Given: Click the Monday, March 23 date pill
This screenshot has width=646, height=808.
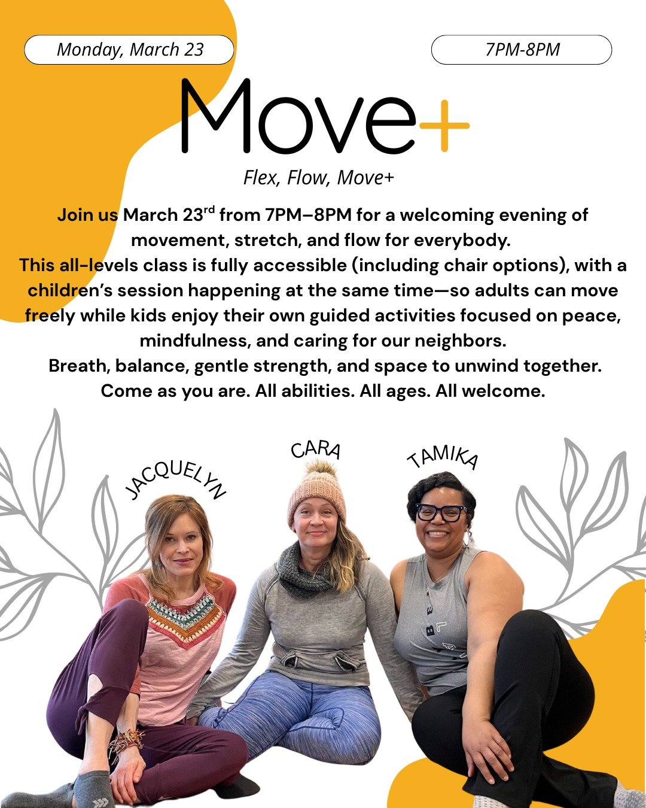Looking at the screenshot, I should [129, 50].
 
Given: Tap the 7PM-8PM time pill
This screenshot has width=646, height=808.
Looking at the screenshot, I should [522, 50].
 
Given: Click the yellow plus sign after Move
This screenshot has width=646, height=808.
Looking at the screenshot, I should [444, 126].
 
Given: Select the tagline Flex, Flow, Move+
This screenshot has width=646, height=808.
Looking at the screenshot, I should [318, 178].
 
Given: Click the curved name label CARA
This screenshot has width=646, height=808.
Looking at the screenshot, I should [316, 449].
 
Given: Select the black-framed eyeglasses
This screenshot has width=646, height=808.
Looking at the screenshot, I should [441, 512].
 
